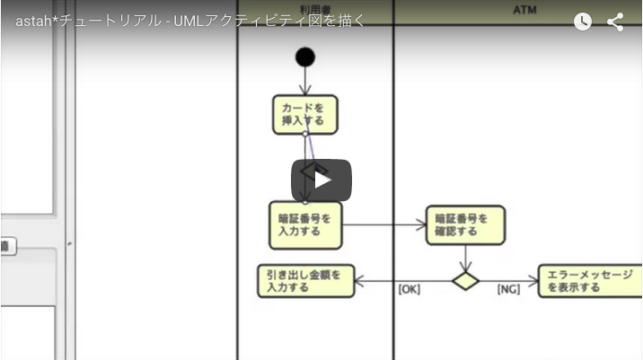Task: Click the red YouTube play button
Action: pos(321,180)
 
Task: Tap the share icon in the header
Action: pos(615,22)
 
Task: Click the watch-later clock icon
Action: pos(583,22)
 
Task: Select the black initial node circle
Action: pos(305,57)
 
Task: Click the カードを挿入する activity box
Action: pos(304,114)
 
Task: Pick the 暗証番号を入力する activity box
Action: pos(305,224)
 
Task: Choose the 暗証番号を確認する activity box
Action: pos(464,224)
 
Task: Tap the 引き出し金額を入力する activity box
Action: pos(305,281)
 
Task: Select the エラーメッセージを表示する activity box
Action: pos(589,281)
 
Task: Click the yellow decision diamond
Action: pos(465,281)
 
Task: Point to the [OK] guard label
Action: pos(410,290)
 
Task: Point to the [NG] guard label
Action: pos(509,290)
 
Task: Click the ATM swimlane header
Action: pos(524,9)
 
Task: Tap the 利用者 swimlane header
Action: pos(315,9)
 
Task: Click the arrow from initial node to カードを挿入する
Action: pos(305,82)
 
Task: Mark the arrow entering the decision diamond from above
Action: pos(465,259)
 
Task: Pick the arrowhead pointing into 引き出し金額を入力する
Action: pos(359,281)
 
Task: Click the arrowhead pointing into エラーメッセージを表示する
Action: pos(533,281)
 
